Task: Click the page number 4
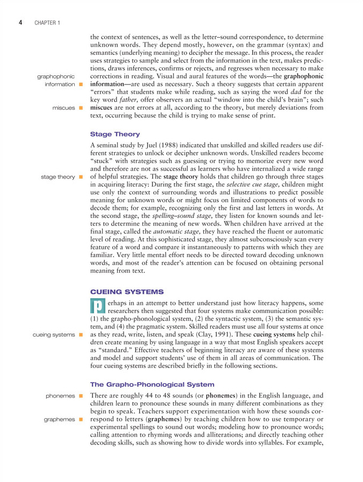20,23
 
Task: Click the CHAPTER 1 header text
46,23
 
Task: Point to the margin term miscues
63,108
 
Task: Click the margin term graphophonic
56,76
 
